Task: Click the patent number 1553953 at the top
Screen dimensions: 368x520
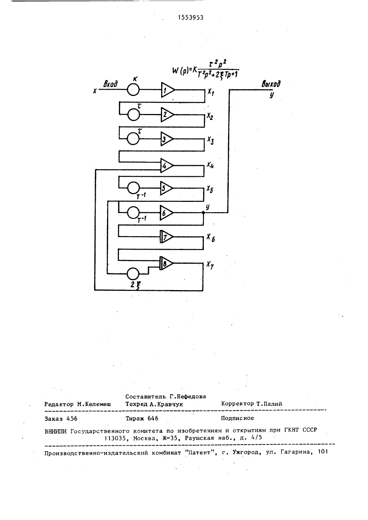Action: pyautogui.click(x=191, y=18)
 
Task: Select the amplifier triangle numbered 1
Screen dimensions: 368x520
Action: pyautogui.click(x=168, y=90)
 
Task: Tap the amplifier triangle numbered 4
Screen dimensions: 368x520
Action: pyautogui.click(x=167, y=166)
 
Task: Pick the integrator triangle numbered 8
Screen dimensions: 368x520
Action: pyautogui.click(x=166, y=263)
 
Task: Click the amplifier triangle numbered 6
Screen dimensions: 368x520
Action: pyautogui.click(x=166, y=213)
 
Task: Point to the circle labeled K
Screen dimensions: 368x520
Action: pyautogui.click(x=133, y=89)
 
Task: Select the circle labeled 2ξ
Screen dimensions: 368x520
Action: pyautogui.click(x=133, y=274)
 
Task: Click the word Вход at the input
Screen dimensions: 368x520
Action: pyautogui.click(x=111, y=84)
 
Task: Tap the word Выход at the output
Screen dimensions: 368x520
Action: pyautogui.click(x=271, y=84)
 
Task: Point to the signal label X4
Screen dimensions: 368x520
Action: pyautogui.click(x=210, y=165)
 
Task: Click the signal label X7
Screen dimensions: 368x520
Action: pyautogui.click(x=210, y=265)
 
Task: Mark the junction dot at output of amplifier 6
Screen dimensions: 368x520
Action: pyautogui.click(x=203, y=213)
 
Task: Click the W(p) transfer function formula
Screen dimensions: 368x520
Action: pyautogui.click(x=206, y=69)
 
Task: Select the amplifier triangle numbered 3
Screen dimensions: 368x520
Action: pyautogui.click(x=167, y=139)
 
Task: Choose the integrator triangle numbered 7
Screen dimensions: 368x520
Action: pyautogui.click(x=166, y=237)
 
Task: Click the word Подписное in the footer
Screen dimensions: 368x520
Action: pyautogui.click(x=237, y=418)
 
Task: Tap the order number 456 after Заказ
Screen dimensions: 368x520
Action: pyautogui.click(x=72, y=419)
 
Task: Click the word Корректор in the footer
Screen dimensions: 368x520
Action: pyautogui.click(x=238, y=403)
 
